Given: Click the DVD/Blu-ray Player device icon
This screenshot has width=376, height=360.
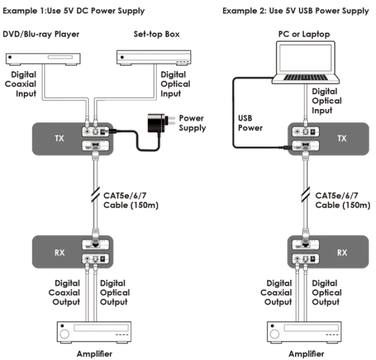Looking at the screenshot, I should click(40, 58).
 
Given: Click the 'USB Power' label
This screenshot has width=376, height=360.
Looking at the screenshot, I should click(250, 122).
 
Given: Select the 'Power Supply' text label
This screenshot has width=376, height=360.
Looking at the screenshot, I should click(193, 122).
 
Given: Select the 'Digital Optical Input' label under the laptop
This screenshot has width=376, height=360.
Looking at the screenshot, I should click(326, 101).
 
